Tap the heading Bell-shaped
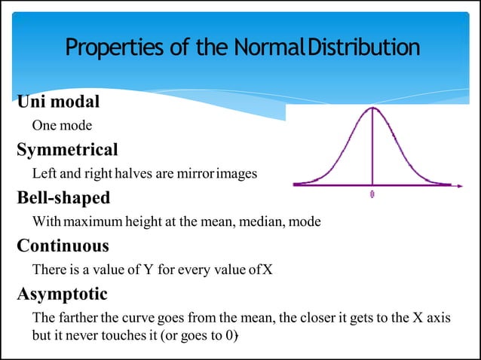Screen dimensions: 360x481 pos(63,198)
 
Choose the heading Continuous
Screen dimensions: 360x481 pos(63,246)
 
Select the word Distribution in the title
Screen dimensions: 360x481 pos(363,48)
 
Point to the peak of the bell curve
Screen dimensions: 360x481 pos(372,108)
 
